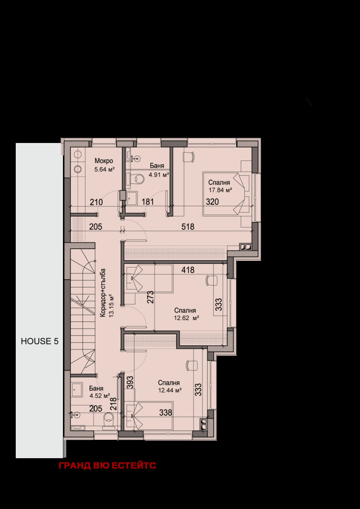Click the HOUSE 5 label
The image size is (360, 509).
(x=40, y=341)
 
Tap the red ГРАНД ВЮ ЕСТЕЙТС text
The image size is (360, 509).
(x=107, y=465)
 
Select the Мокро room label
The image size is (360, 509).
(x=103, y=161)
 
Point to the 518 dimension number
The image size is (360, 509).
(x=188, y=227)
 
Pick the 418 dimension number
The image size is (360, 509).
(x=188, y=270)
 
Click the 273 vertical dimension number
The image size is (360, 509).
(x=150, y=297)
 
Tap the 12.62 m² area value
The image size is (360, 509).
(x=186, y=318)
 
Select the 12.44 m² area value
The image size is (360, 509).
(x=170, y=390)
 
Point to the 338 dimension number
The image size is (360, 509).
(x=166, y=413)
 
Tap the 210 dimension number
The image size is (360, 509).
(x=96, y=202)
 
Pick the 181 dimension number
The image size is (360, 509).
(x=148, y=201)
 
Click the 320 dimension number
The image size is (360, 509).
(x=212, y=201)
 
